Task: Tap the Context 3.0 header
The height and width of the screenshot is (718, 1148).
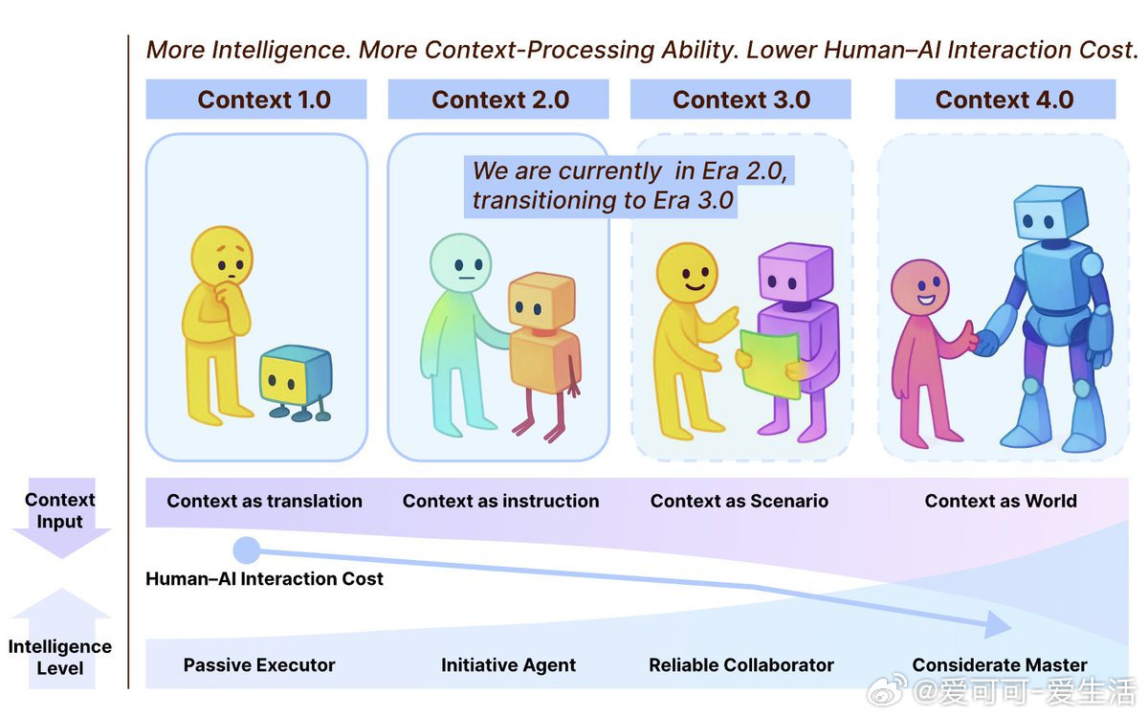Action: tap(740, 100)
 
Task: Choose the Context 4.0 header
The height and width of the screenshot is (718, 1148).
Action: tap(1004, 100)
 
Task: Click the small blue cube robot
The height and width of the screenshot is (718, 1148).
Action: tap(296, 377)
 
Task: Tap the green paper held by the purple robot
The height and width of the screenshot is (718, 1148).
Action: tap(770, 363)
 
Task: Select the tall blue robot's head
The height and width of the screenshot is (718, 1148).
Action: tap(1049, 215)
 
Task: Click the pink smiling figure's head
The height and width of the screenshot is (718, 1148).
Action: tap(919, 288)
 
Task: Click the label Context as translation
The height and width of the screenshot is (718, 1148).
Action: tap(264, 501)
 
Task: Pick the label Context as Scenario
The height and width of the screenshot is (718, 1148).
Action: tap(740, 501)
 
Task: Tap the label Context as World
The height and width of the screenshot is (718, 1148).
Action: tap(1001, 501)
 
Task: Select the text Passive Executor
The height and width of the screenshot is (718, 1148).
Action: tap(259, 665)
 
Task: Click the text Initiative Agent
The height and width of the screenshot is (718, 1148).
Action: tap(508, 665)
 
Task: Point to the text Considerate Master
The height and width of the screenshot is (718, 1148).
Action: tap(1000, 665)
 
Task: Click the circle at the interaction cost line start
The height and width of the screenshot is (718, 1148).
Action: tap(247, 550)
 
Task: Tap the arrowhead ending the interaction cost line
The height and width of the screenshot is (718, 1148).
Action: tap(999, 626)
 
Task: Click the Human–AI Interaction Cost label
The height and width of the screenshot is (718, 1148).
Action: tap(264, 579)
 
